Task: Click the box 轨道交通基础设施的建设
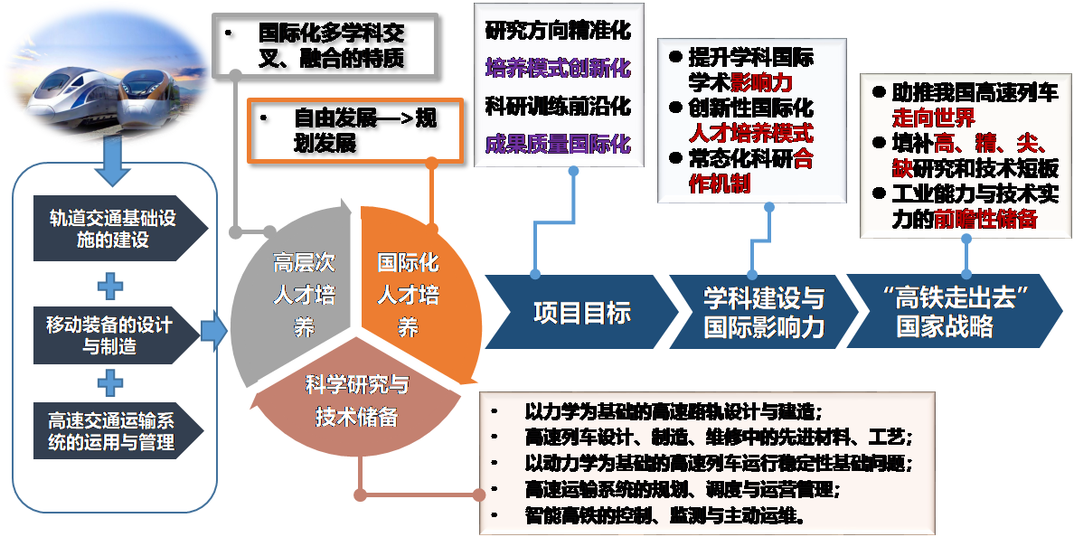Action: pyautogui.click(x=113, y=229)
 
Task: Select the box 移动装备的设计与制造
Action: pyautogui.click(x=113, y=335)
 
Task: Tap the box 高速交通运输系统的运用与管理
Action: pyautogui.click(x=113, y=430)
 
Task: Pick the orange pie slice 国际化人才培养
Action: pyautogui.click(x=411, y=289)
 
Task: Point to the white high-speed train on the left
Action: pyautogui.click(x=68, y=95)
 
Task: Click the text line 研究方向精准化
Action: pyautogui.click(x=557, y=29)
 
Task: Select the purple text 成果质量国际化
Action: pyautogui.click(x=557, y=145)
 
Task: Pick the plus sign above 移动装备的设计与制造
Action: pyautogui.click(x=110, y=287)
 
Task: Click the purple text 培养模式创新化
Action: pyautogui.click(x=557, y=68)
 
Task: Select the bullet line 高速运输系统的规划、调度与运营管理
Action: pyautogui.click(x=682, y=489)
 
